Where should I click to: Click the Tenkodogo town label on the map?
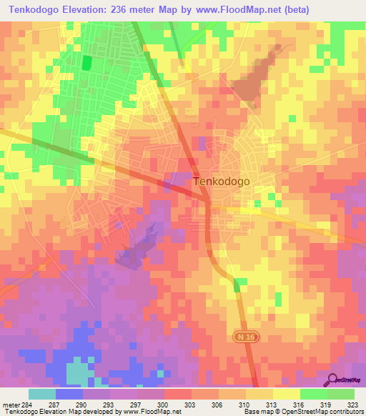pyautogui.click(x=222, y=182)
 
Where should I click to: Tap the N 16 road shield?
pyautogui.click(x=243, y=335)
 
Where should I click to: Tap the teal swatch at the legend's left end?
pyautogui.click(x=42, y=394)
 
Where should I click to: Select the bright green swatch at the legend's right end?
pyautogui.click(x=341, y=394)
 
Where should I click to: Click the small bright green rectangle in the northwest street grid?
pyautogui.click(x=86, y=62)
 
